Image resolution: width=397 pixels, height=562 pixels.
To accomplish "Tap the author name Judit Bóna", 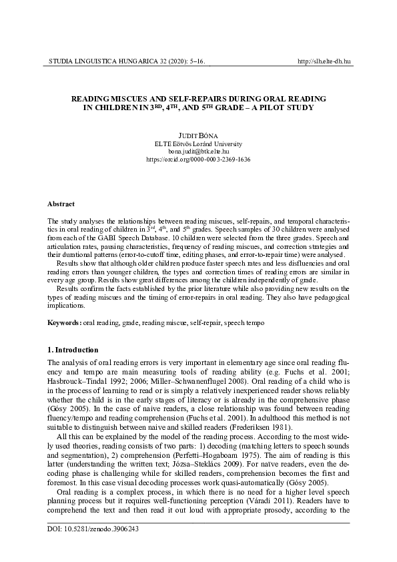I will [x=198, y=135].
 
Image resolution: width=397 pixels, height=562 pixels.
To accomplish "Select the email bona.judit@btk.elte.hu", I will [x=198, y=152].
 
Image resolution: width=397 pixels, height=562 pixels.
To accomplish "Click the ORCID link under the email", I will [x=198, y=160].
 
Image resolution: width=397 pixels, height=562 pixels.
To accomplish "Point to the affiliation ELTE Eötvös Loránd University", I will [x=198, y=144].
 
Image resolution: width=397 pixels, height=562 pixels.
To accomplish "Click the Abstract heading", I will [x=61, y=203].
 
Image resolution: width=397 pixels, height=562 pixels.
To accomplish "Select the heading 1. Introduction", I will [x=73, y=350].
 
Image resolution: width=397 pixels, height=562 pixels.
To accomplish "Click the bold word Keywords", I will [x=63, y=322].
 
